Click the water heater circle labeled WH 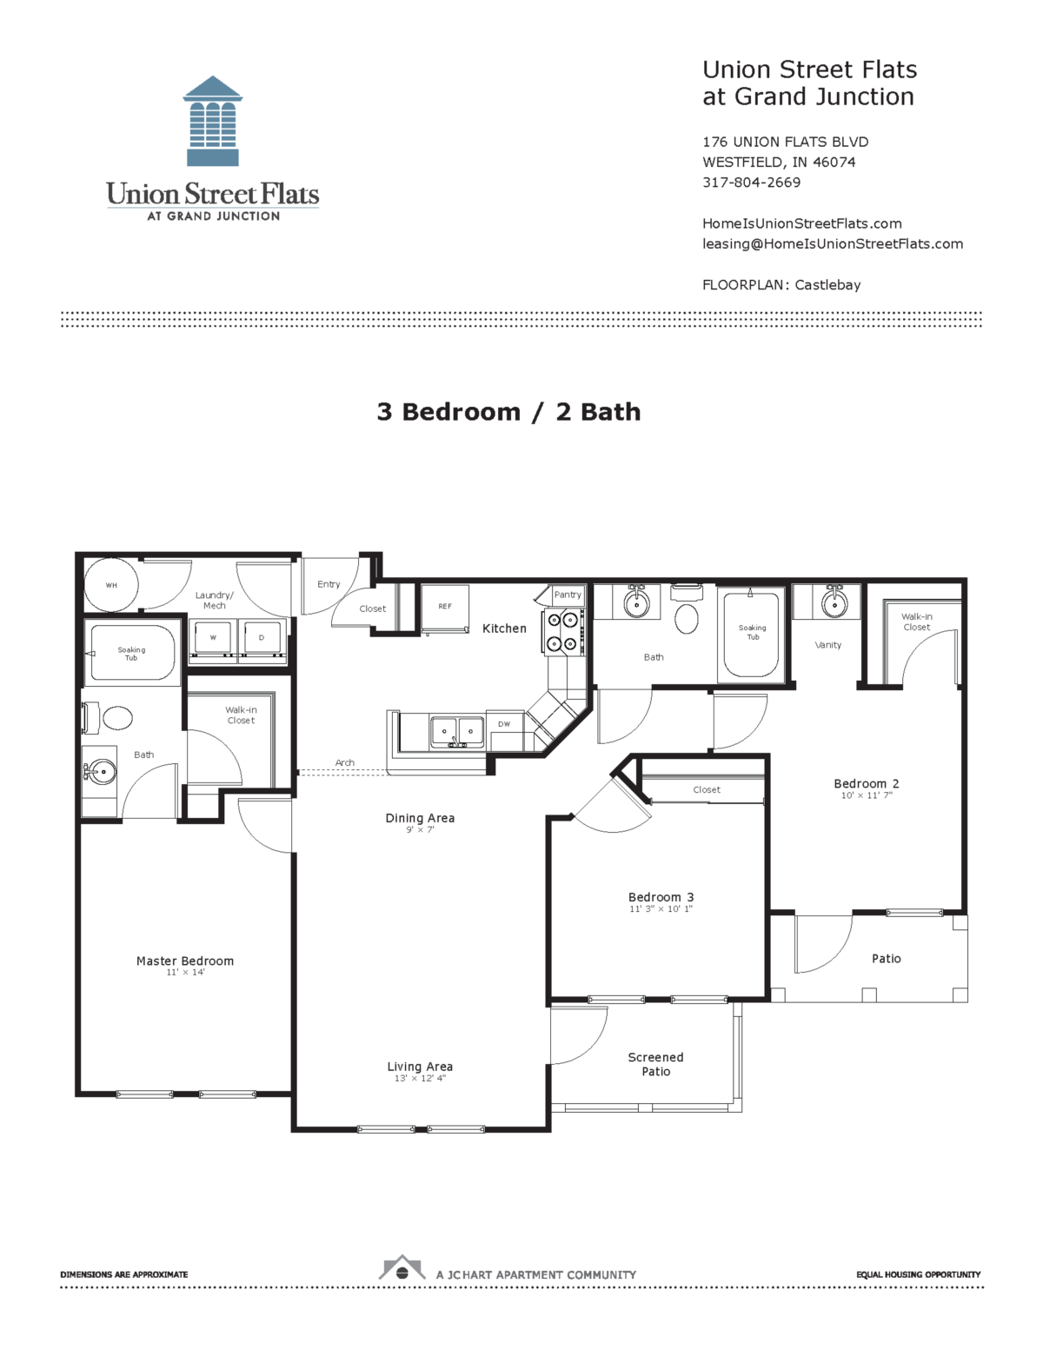click(111, 585)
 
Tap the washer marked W click(213, 639)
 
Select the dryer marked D click(261, 639)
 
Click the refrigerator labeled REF click(445, 608)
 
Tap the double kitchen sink click(457, 732)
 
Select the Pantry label click(568, 595)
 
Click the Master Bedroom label click(185, 961)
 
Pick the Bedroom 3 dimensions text click(661, 909)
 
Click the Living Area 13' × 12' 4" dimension click(420, 1079)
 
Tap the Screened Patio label click(655, 1064)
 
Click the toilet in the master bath click(116, 718)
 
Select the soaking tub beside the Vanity click(753, 633)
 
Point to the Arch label click(345, 762)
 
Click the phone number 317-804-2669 click(751, 183)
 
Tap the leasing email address click(832, 243)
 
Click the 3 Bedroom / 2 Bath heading click(508, 412)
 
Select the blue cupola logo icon click(213, 121)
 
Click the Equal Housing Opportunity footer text click(918, 1274)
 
